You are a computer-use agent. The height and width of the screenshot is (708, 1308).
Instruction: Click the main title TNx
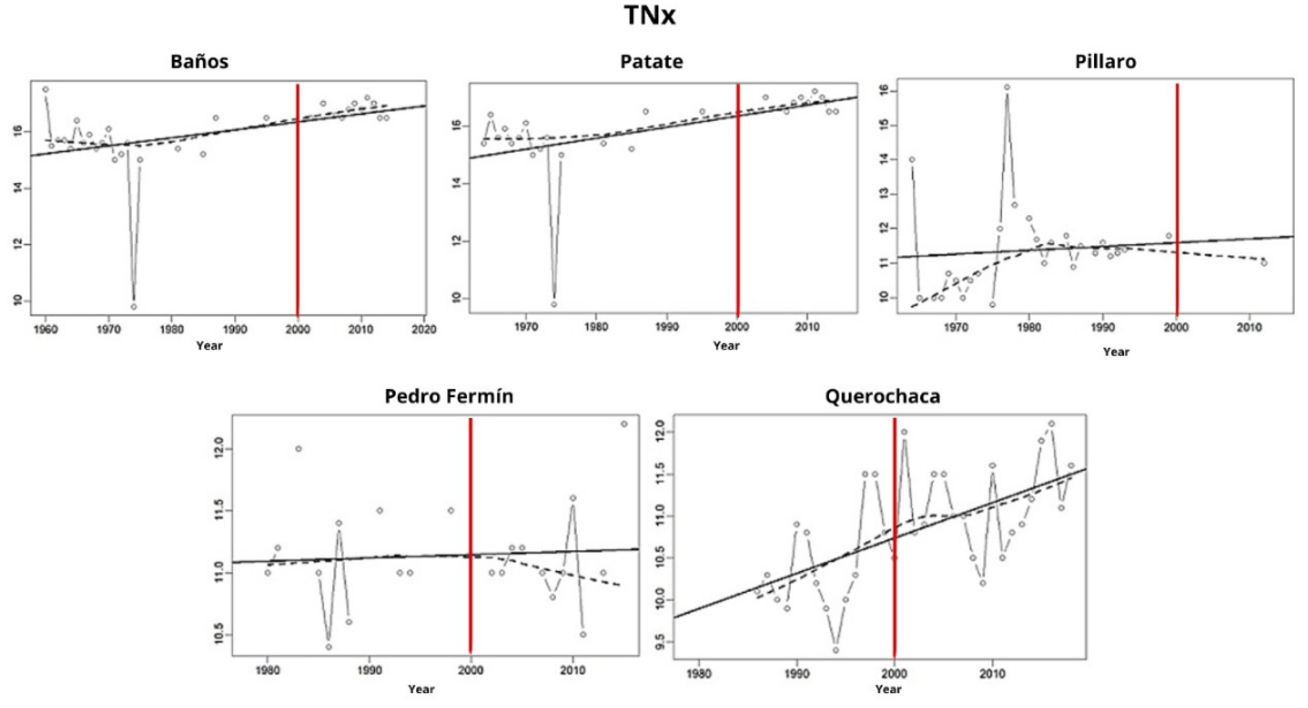[x=649, y=15]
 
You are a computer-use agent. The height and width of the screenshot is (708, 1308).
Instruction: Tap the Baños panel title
[x=199, y=61]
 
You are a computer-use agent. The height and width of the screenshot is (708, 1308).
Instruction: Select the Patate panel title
[x=651, y=61]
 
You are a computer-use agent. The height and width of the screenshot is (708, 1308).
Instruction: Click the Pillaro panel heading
[x=1105, y=61]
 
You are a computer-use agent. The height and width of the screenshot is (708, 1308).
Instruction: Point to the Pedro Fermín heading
[x=449, y=396]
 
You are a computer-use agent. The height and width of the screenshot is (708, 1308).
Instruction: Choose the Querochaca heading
[x=882, y=396]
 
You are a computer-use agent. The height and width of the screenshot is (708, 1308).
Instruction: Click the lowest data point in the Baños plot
[x=134, y=307]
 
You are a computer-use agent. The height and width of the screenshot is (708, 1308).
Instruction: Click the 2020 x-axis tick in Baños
[x=424, y=330]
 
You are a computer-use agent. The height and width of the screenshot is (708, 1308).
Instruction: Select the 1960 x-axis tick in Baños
[x=46, y=330]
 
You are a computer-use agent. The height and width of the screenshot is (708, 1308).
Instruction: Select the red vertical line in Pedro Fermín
[x=471, y=533]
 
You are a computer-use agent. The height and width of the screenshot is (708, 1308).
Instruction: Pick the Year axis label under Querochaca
[x=888, y=689]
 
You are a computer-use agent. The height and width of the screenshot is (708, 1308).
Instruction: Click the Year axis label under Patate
[x=726, y=346]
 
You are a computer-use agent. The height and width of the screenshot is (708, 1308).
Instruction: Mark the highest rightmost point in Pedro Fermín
[x=624, y=424]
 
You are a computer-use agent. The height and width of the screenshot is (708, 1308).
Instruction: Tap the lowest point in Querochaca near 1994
[x=836, y=650]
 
